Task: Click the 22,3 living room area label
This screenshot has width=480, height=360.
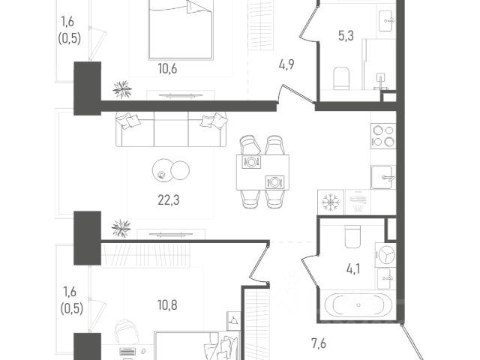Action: pos(169,200)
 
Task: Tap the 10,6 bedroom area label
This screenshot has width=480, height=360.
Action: pos(168,69)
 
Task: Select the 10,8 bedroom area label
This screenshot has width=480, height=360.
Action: pos(167,305)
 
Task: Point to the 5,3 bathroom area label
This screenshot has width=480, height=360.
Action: pos(346,36)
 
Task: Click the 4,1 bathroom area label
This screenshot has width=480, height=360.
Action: pos(353,269)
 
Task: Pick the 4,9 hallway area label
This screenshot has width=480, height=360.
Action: pos(286,64)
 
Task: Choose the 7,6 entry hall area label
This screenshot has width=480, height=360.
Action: pos(319,343)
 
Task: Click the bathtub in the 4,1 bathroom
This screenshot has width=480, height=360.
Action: pos(357,304)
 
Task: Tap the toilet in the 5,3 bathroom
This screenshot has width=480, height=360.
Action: pos(341,79)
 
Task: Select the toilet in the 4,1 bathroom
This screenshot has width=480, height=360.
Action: pos(352,237)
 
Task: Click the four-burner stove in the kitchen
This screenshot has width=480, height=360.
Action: pos(383,136)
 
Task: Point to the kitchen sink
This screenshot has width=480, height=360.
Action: pos(383,177)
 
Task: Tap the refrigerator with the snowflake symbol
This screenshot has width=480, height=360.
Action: pos(331,202)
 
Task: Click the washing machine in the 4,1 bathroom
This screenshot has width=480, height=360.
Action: pos(385,255)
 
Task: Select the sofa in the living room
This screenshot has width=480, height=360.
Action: pos(172,129)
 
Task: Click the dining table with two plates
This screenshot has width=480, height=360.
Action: pos(262,172)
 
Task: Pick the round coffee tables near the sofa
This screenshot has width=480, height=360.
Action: pos(171,170)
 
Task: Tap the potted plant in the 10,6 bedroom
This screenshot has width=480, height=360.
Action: pos(122,89)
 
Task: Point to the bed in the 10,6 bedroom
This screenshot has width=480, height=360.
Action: pos(181,29)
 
